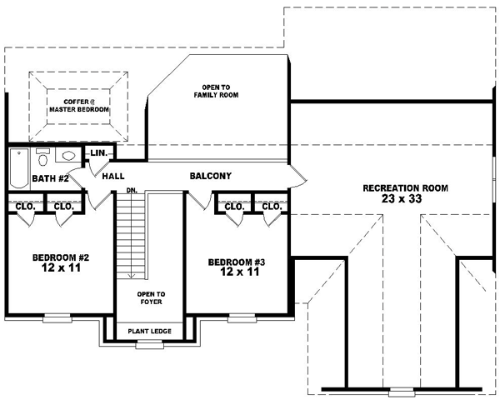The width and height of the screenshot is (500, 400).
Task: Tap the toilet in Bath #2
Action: [x=43, y=157]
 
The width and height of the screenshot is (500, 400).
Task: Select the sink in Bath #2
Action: [x=70, y=156]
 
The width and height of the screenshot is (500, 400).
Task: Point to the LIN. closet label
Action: [x=98, y=154]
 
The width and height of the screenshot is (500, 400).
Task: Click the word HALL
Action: [x=113, y=177]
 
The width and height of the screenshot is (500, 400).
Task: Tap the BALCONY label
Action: [x=210, y=176]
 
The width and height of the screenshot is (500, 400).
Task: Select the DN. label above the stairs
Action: [x=132, y=191]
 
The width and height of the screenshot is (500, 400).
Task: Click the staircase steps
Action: [x=131, y=237]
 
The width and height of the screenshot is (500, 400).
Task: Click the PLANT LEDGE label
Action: [x=150, y=331]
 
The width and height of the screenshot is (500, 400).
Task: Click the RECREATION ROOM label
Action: [x=405, y=188]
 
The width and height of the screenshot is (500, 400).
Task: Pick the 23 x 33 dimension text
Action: [x=406, y=200]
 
